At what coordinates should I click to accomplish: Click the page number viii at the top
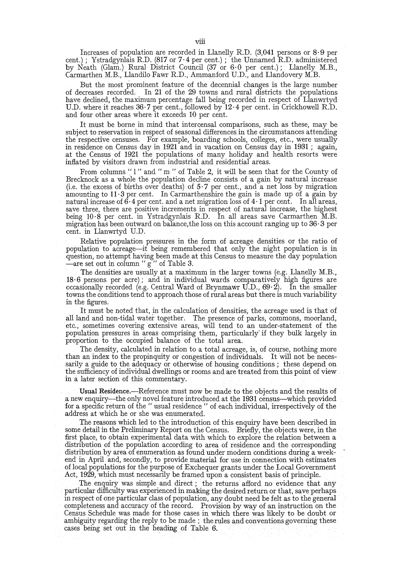(x=199, y=42)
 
